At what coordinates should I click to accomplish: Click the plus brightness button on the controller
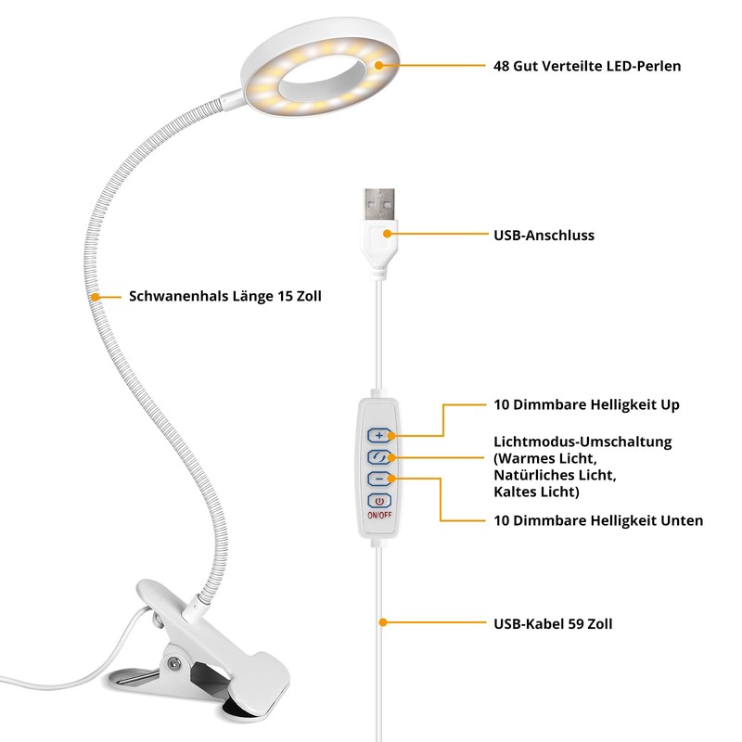point(379,435)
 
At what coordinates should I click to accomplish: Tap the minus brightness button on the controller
point(379,479)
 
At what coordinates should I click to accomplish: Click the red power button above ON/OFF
point(379,501)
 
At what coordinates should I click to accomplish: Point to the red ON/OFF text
point(379,515)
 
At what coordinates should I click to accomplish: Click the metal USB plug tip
point(379,204)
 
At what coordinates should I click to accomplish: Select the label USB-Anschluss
point(544,236)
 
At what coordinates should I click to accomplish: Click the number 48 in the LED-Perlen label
point(501,66)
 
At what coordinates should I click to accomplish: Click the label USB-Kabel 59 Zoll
point(553,623)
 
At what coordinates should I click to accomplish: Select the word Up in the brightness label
point(671,405)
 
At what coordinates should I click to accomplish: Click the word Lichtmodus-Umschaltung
point(582,442)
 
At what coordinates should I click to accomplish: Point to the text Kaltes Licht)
point(536,492)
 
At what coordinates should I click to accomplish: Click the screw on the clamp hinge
point(173,664)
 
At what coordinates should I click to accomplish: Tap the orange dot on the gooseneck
point(96,297)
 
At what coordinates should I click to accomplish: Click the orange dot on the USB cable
point(383,622)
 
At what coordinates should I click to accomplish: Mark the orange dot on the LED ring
point(378,65)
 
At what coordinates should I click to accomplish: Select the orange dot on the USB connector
point(387,234)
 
